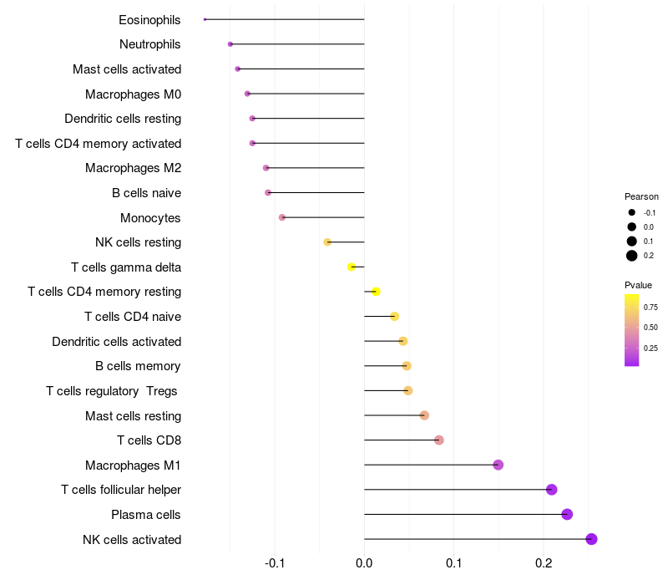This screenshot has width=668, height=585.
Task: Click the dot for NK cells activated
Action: click(591, 539)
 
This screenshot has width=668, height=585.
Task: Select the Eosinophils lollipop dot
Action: click(205, 19)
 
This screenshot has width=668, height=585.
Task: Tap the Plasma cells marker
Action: click(567, 514)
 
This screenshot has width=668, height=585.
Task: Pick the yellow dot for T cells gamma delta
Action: click(351, 267)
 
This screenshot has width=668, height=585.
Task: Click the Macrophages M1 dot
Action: click(498, 465)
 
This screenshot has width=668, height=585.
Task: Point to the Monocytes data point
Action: click(282, 217)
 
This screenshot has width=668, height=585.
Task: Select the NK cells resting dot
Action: click(327, 242)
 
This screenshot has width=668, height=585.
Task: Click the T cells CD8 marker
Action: click(439, 440)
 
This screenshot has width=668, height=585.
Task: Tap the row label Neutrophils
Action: click(150, 44)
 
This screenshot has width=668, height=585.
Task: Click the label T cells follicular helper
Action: click(121, 490)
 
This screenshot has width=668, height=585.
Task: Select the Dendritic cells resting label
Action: click(123, 119)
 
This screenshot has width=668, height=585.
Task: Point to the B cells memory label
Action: click(138, 366)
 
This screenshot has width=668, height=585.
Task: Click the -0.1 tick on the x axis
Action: click(275, 563)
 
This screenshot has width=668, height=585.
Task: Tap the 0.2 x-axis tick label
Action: click(544, 563)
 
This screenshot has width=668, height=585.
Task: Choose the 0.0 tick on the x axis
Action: click(364, 563)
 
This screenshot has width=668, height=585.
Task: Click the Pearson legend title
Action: click(641, 196)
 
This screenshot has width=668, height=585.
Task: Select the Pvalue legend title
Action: click(638, 285)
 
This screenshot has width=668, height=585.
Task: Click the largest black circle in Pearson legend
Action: click(632, 256)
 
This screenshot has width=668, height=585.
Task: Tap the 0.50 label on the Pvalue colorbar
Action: click(650, 328)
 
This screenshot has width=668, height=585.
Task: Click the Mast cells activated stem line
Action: click(301, 69)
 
